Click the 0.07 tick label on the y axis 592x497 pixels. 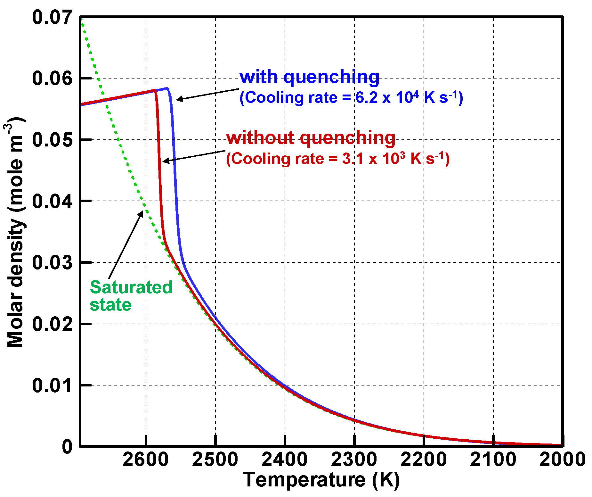point(52,17)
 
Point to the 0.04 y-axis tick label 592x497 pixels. point(52,202)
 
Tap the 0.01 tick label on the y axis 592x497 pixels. point(52,385)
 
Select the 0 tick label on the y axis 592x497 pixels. point(67,446)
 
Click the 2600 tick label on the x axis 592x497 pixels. point(146,460)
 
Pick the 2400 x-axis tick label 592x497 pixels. point(285,460)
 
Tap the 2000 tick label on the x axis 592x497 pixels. point(563,460)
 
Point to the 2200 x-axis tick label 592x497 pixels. point(424,460)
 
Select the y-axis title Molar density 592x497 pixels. point(15,234)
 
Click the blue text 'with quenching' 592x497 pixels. point(309,77)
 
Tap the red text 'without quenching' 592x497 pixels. point(311,138)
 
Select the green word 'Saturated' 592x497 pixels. point(131,287)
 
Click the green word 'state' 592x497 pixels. point(110,305)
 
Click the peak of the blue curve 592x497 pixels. point(167,88)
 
